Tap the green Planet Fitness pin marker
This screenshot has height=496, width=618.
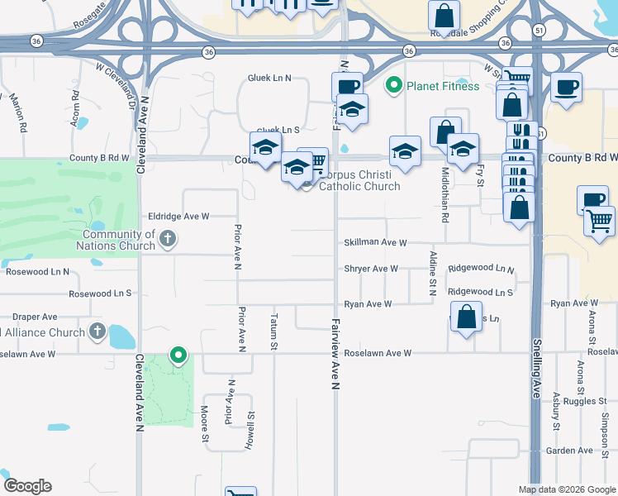click(x=394, y=85)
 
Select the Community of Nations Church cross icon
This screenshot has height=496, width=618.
click(x=168, y=240)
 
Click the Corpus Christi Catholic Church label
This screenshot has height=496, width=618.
click(x=359, y=180)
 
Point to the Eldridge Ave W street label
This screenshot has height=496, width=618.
click(x=178, y=216)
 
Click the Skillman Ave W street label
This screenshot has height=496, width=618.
click(x=376, y=242)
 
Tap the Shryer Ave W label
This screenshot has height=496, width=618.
click(x=372, y=269)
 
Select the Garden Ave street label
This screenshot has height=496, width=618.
click(x=569, y=451)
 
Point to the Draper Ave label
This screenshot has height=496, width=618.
click(x=34, y=317)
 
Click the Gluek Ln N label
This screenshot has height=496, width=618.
click(x=270, y=78)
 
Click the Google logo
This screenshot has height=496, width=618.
click(x=27, y=486)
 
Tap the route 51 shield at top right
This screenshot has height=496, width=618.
click(x=539, y=29)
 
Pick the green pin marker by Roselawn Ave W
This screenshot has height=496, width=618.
click(x=178, y=356)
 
